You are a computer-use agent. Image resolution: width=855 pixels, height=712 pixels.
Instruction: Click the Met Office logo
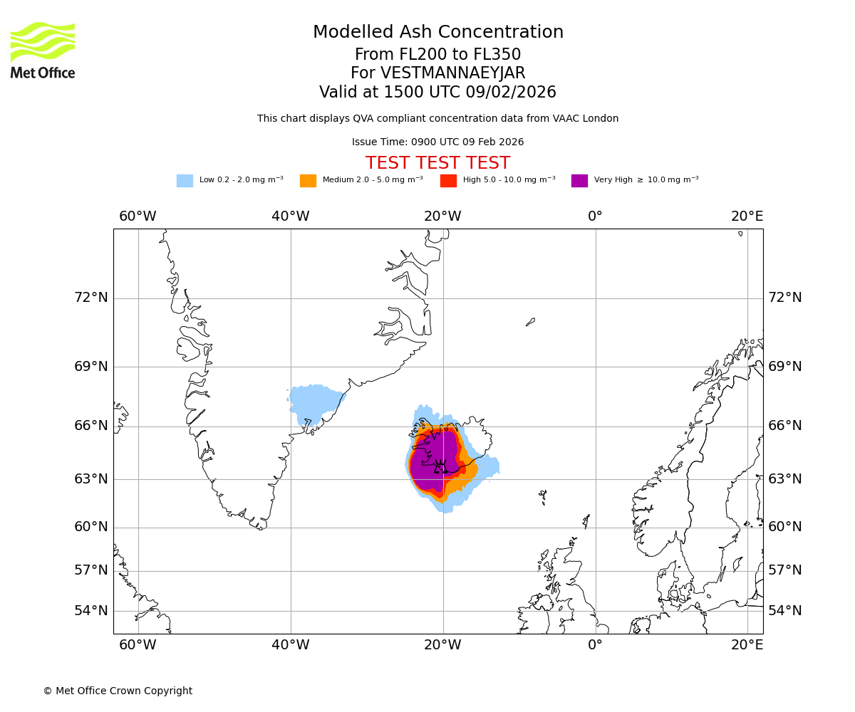pyautogui.click(x=43, y=50)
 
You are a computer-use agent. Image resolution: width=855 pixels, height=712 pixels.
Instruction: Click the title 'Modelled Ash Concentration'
pyautogui.click(x=437, y=33)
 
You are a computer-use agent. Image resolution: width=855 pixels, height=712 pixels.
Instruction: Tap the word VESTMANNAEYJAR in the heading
pyautogui.click(x=453, y=73)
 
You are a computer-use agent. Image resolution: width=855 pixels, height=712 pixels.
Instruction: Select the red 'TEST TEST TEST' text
pyautogui.click(x=437, y=163)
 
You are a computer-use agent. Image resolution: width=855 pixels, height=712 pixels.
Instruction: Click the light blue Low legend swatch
pyautogui.click(x=185, y=181)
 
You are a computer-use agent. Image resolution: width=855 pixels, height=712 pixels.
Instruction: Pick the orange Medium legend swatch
pyautogui.click(x=308, y=181)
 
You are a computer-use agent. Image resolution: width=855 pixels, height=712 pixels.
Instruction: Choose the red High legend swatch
pyautogui.click(x=448, y=181)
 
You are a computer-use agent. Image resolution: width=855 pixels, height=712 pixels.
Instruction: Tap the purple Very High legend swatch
pyautogui.click(x=579, y=181)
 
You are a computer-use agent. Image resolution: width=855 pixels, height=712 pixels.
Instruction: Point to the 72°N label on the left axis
pyautogui.click(x=91, y=298)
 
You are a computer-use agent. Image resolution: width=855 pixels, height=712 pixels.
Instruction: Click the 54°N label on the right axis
pyautogui.click(x=784, y=611)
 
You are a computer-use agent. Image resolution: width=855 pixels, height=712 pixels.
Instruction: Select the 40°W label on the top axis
pyautogui.click(x=291, y=216)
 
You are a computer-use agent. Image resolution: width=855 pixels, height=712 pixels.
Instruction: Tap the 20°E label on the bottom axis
pyautogui.click(x=747, y=645)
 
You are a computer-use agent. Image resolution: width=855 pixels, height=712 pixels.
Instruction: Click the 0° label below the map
pyautogui.click(x=595, y=645)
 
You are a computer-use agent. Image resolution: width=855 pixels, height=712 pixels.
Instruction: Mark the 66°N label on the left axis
pyautogui.click(x=91, y=426)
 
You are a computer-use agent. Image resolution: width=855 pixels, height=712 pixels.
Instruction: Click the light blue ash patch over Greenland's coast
pyautogui.click(x=313, y=402)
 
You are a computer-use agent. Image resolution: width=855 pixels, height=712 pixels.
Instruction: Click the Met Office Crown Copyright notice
pyautogui.click(x=118, y=691)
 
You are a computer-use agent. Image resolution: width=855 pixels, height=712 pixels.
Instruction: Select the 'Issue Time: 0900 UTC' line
pyautogui.click(x=437, y=142)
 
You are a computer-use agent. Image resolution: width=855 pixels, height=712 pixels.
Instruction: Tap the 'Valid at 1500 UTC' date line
pyautogui.click(x=437, y=93)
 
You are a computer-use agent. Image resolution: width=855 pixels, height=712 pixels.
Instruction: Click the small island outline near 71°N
pyautogui.click(x=530, y=322)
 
